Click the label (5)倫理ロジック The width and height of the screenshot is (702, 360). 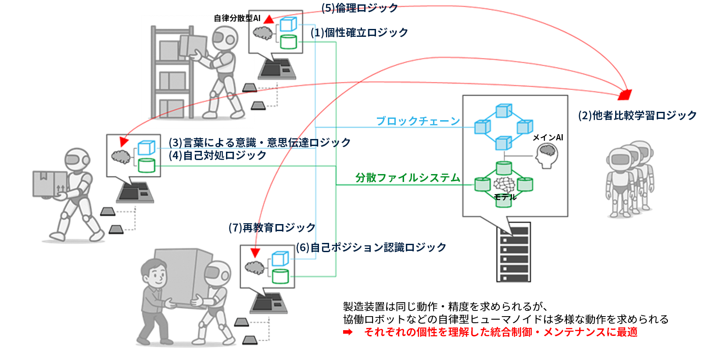pyautogui.click(x=359, y=8)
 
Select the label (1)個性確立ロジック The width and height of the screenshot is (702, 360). pyautogui.click(x=359, y=33)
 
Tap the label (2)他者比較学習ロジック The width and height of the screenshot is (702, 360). pyautogui.click(x=637, y=115)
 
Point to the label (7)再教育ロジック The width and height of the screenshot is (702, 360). pyautogui.click(x=272, y=228)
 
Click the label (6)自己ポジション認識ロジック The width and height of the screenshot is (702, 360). pyautogui.click(x=371, y=247)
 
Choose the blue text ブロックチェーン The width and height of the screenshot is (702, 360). pyautogui.click(x=418, y=121)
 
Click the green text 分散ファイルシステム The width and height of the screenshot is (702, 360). pyautogui.click(x=408, y=178)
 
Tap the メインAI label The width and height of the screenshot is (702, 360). pyautogui.click(x=548, y=137)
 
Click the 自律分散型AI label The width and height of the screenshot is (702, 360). pyautogui.click(x=236, y=18)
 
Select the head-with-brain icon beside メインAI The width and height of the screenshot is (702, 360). pyautogui.click(x=547, y=156)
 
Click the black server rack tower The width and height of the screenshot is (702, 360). pyautogui.click(x=513, y=253)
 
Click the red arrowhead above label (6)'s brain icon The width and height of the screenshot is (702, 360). pyautogui.click(x=255, y=253)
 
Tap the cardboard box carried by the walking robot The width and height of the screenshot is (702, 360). pyautogui.click(x=50, y=183)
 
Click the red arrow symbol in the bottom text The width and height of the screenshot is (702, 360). pyautogui.click(x=347, y=332)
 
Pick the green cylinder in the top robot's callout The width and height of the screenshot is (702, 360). pyautogui.click(x=288, y=42)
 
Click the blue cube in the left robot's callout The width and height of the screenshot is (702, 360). pyautogui.click(x=146, y=148)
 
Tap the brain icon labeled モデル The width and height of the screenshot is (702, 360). pyautogui.click(x=504, y=184)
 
